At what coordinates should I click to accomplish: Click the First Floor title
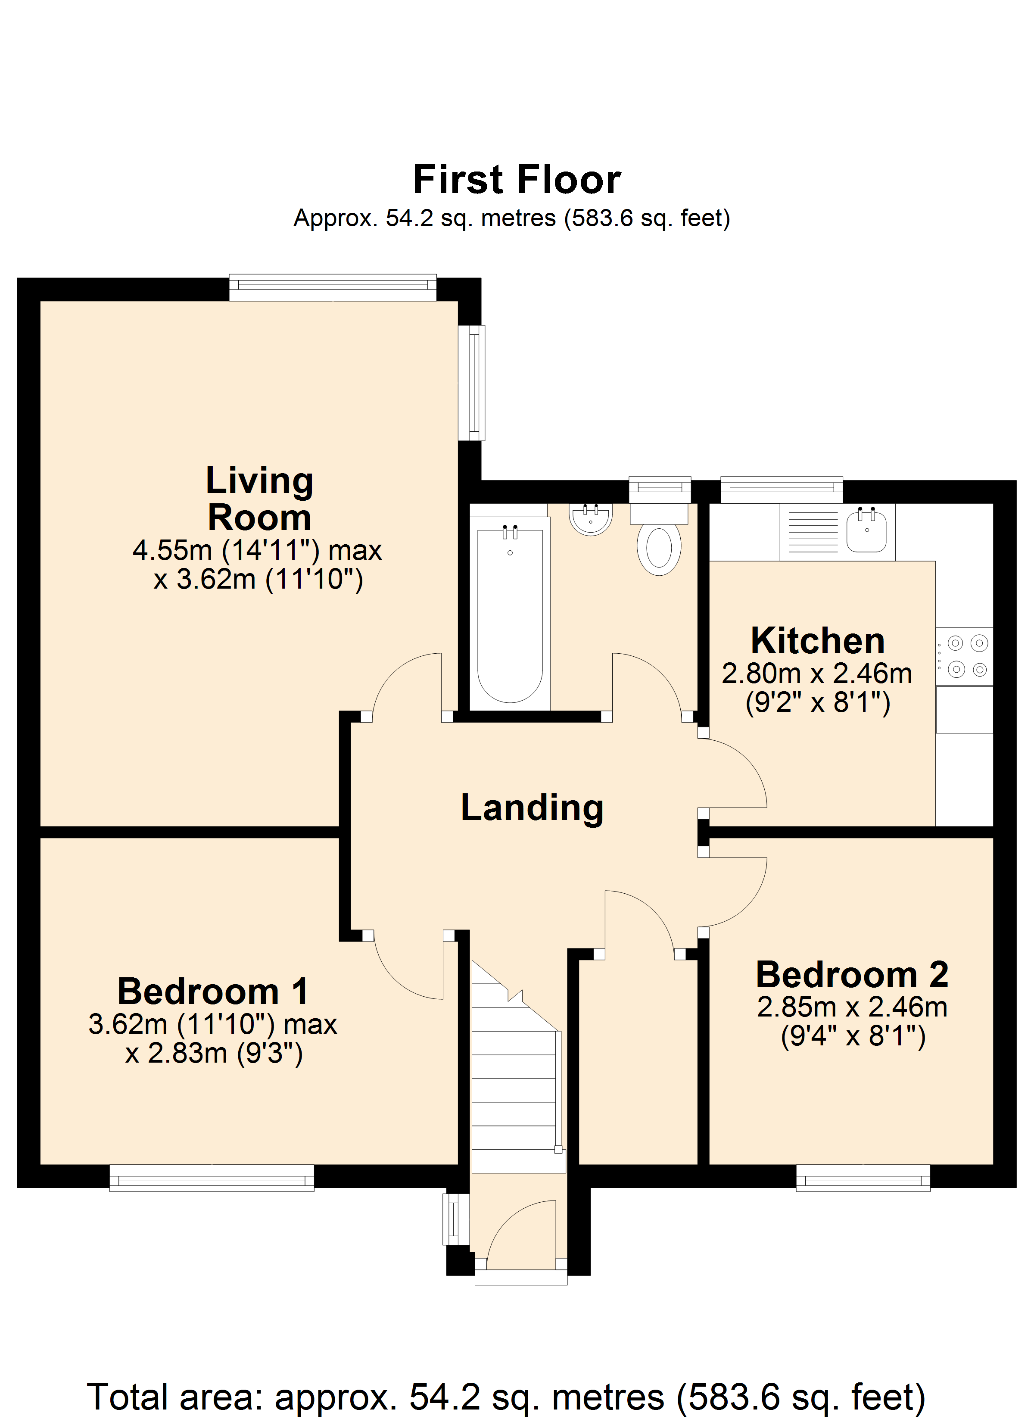click(x=517, y=180)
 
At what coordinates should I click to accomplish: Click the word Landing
click(x=532, y=808)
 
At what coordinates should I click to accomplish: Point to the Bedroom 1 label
click(x=213, y=991)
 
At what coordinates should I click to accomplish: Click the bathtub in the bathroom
click(x=510, y=614)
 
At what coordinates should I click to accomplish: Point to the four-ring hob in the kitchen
click(x=965, y=656)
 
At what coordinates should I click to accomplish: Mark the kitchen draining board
click(x=813, y=532)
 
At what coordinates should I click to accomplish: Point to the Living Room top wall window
click(x=332, y=287)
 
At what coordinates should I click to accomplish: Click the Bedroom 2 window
click(x=863, y=1178)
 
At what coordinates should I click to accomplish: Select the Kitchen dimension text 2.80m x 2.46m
click(x=817, y=674)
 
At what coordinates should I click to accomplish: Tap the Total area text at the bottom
click(x=505, y=1397)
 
